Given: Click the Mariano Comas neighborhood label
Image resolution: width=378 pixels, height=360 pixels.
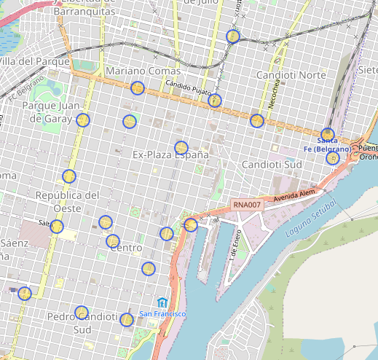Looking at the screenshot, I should [x=143, y=71].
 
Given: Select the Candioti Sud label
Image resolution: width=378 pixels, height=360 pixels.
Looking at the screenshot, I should [x=272, y=165].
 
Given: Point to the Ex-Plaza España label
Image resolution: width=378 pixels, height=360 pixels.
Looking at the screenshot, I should [x=170, y=155].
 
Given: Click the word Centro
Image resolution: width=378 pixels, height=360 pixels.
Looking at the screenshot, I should [x=125, y=249].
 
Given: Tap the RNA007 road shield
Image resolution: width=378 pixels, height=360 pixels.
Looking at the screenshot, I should [x=246, y=206].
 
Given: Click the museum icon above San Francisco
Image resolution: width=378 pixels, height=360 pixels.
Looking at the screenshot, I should [x=162, y=302].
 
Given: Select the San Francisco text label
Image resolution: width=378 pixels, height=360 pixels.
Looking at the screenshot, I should [x=163, y=314].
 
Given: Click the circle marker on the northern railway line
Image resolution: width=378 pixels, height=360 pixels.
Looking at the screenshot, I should [x=233, y=36].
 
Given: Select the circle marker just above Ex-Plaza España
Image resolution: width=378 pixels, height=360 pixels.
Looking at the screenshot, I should [x=181, y=147].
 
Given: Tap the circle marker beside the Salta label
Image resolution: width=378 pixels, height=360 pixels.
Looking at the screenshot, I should [x=57, y=226].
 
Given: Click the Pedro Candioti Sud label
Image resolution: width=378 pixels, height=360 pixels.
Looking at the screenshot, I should [x=81, y=323].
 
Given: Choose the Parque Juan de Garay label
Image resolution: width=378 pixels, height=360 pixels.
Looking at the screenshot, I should [x=45, y=112].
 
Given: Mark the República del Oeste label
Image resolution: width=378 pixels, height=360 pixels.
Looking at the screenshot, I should [x=67, y=201].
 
